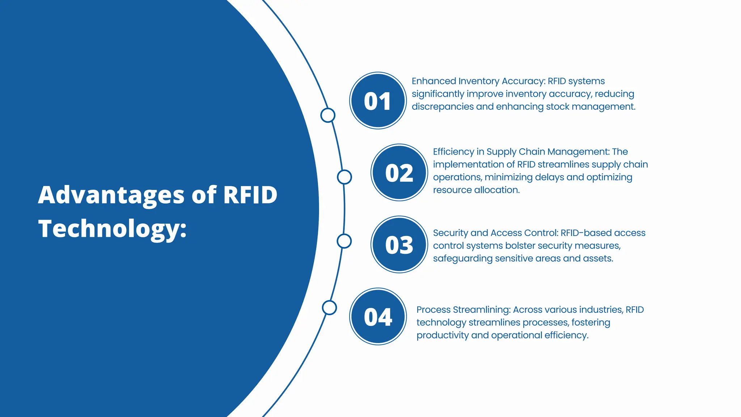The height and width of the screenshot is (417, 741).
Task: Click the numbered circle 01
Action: (x=378, y=101)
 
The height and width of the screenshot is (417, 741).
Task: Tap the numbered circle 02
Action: (x=399, y=173)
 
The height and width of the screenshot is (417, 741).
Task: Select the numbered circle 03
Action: (x=399, y=245)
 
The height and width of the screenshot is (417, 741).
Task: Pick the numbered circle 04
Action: (x=378, y=317)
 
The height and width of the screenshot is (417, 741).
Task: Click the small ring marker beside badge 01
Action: (x=328, y=115)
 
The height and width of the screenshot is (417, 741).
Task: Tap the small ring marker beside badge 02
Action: (x=344, y=177)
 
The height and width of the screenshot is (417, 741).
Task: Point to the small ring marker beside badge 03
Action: (x=344, y=241)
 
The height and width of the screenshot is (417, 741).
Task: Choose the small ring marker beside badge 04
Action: (x=329, y=308)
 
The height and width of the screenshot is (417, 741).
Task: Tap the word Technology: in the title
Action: (x=113, y=229)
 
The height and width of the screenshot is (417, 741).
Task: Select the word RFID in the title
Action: (x=250, y=195)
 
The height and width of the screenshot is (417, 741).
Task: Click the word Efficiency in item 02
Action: (x=453, y=152)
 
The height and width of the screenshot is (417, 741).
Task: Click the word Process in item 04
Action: (x=433, y=310)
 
